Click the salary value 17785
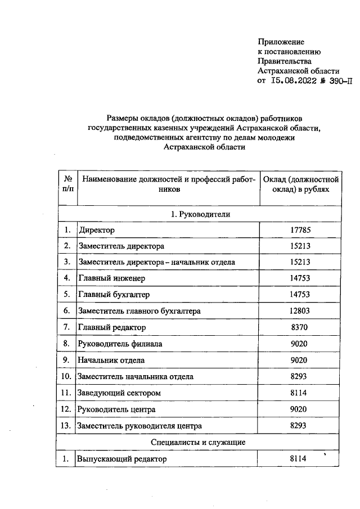click(300, 230)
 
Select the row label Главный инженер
click(112, 278)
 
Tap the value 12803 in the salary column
click(300, 311)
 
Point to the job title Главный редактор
click(112, 327)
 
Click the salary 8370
click(300, 327)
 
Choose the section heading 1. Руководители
click(200, 214)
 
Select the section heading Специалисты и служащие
click(200, 443)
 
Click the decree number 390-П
click(337, 82)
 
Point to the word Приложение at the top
click(281, 42)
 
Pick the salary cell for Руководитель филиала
click(300, 344)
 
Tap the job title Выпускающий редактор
click(123, 459)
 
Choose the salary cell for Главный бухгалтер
click(300, 295)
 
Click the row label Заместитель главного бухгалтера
click(140, 311)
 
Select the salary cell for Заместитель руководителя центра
click(300, 426)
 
